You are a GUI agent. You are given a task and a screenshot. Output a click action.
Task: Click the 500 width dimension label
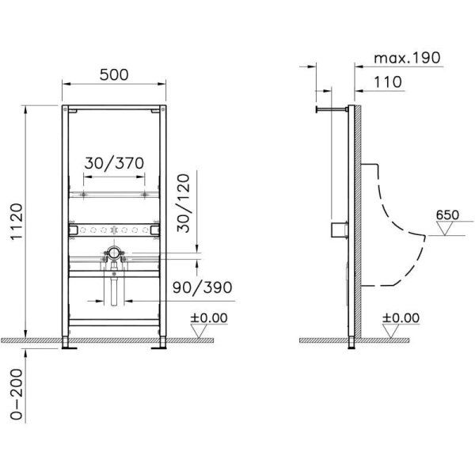[114, 75]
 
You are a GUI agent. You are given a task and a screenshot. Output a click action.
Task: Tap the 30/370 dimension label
[115, 162]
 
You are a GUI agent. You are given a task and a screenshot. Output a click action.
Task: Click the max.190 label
[407, 59]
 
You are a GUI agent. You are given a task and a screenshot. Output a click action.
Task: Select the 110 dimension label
[389, 82]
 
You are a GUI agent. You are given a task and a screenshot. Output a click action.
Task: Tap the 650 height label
[447, 214]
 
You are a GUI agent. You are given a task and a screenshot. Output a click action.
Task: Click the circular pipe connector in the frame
[114, 253]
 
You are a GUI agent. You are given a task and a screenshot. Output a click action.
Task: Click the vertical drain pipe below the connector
[114, 289]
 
